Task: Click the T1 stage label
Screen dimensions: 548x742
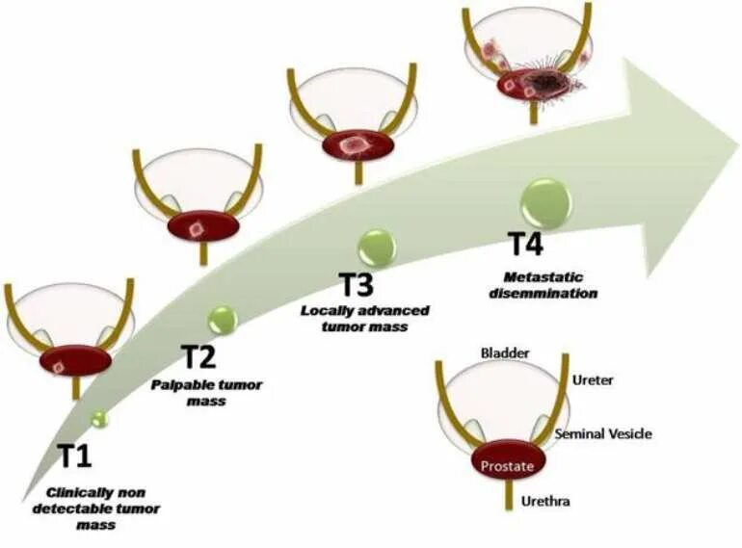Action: [75, 456]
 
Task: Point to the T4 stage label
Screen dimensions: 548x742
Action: [526, 245]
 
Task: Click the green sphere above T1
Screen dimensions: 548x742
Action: [99, 418]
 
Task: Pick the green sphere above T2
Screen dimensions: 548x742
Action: [223, 318]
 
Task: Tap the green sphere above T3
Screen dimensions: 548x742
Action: [376, 247]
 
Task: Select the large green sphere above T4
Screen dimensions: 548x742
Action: [545, 202]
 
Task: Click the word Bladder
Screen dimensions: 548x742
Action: [505, 353]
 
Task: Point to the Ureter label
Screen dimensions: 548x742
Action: [593, 381]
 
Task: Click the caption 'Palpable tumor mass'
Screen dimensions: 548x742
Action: [206, 392]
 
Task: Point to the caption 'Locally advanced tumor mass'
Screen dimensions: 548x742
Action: [365, 319]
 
